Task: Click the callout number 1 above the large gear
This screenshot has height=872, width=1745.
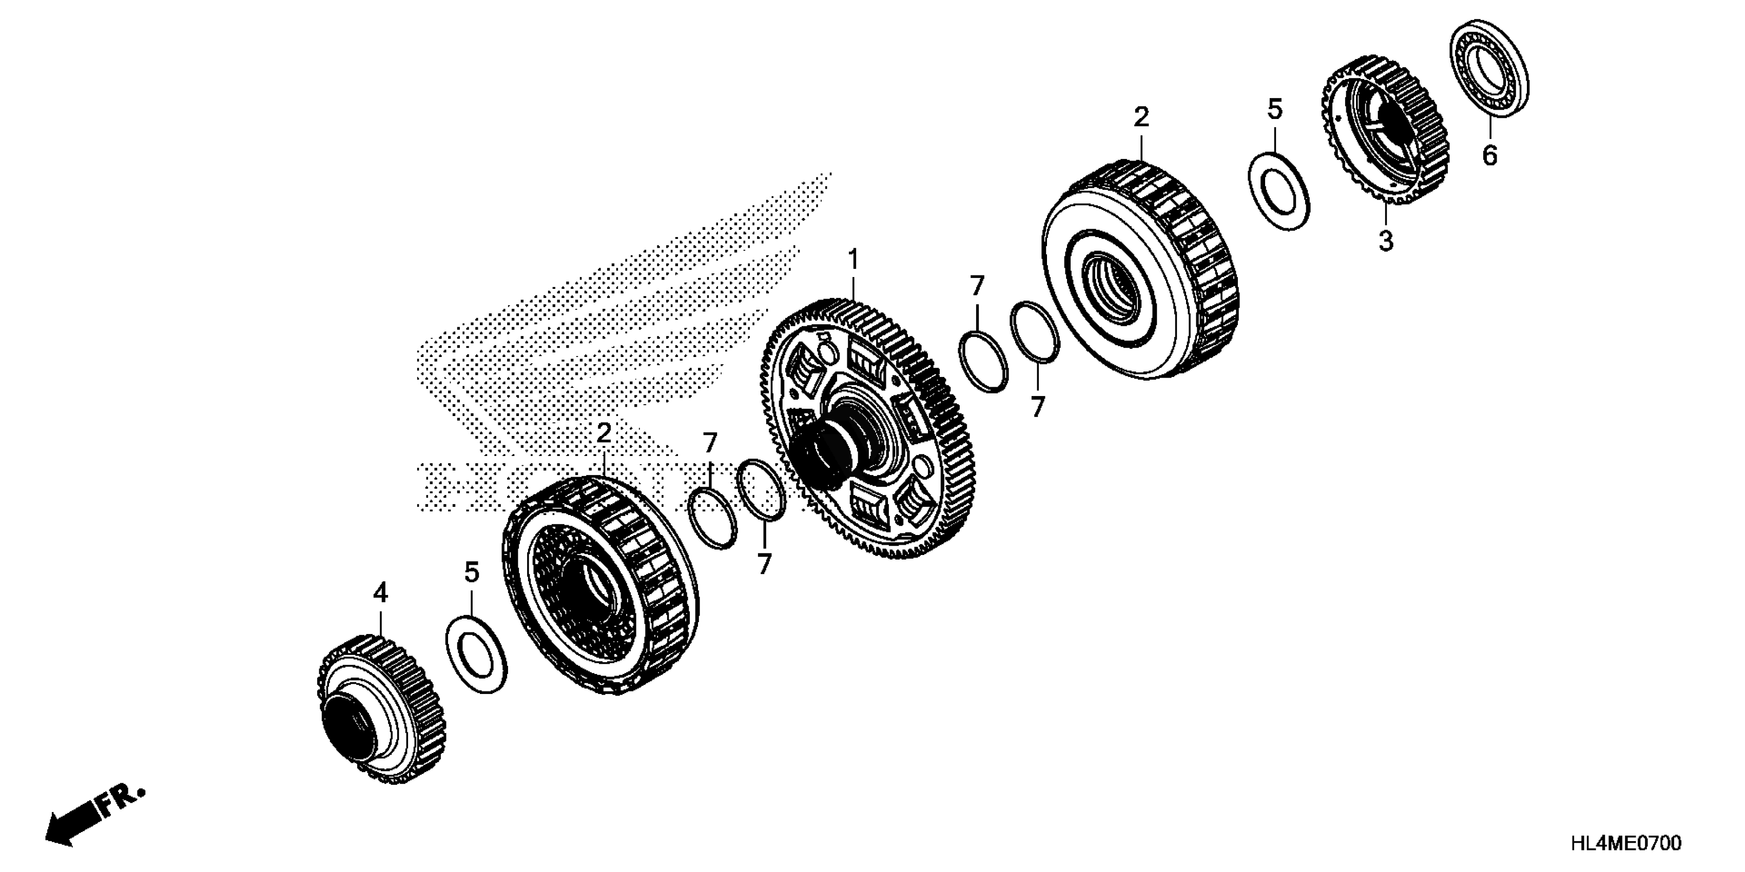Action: pos(853,260)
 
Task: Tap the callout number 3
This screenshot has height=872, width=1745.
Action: pos(1386,241)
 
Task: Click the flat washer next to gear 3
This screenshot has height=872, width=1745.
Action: pos(1278,192)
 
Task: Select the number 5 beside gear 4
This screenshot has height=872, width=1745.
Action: pos(472,573)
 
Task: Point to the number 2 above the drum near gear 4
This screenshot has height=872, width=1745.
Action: pos(604,434)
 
